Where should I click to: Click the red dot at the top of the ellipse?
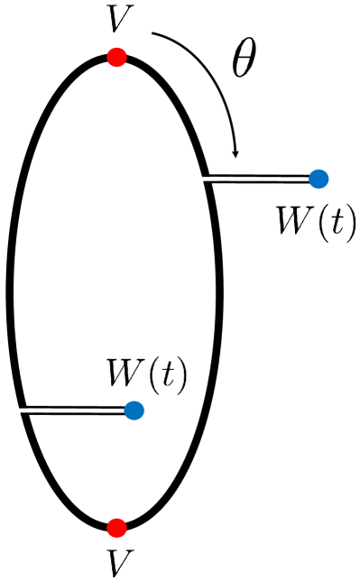click(x=115, y=58)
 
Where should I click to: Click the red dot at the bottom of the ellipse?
click(x=115, y=527)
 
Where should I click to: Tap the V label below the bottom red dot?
click(x=115, y=563)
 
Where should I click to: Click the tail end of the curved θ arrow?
click(x=154, y=34)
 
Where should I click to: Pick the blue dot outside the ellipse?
click(x=318, y=179)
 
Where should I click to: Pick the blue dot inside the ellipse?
click(x=134, y=411)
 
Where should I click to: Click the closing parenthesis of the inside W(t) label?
click(x=179, y=374)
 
